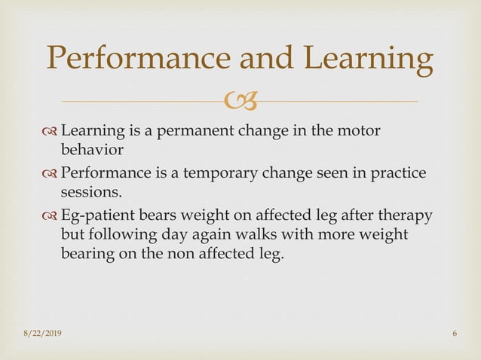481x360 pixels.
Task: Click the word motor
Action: pyautogui.click(x=359, y=133)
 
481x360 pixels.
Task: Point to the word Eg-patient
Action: pyautogui.click(x=97, y=216)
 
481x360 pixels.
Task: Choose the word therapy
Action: pyautogui.click(x=406, y=216)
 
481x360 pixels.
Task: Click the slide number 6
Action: pyautogui.click(x=455, y=334)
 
